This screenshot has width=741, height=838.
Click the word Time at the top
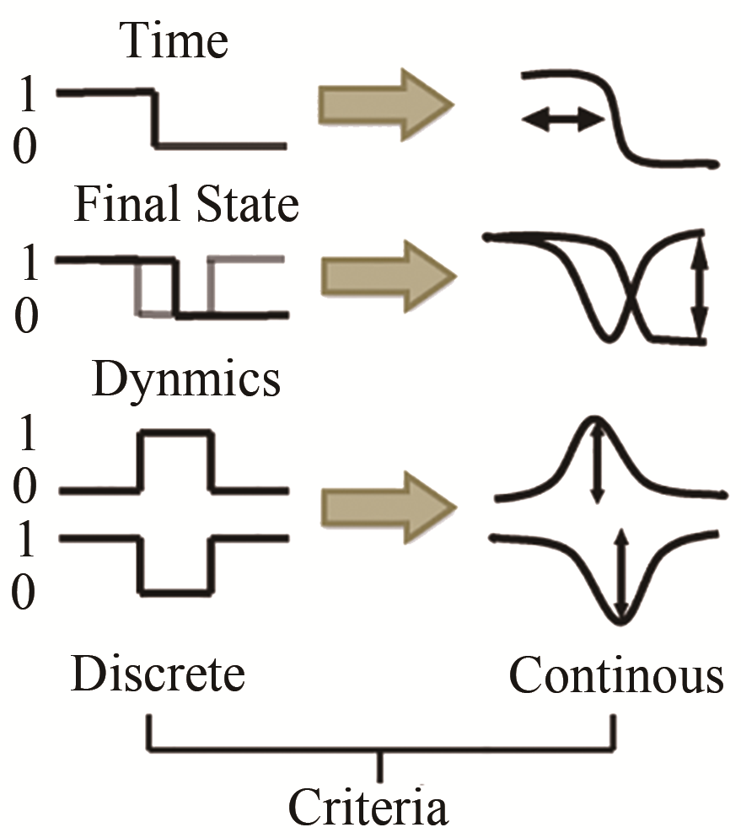pyautogui.click(x=175, y=40)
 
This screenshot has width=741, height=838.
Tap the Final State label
pyautogui.click(x=186, y=205)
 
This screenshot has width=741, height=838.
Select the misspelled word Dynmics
pyautogui.click(x=185, y=379)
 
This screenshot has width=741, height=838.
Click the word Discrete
pyautogui.click(x=158, y=675)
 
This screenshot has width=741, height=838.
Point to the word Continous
pyautogui.click(x=615, y=675)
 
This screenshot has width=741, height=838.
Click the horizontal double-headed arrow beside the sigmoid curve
pyautogui.click(x=563, y=121)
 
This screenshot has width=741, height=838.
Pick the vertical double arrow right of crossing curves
pyautogui.click(x=699, y=287)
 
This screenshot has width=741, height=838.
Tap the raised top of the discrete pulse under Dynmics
pyautogui.click(x=175, y=432)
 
